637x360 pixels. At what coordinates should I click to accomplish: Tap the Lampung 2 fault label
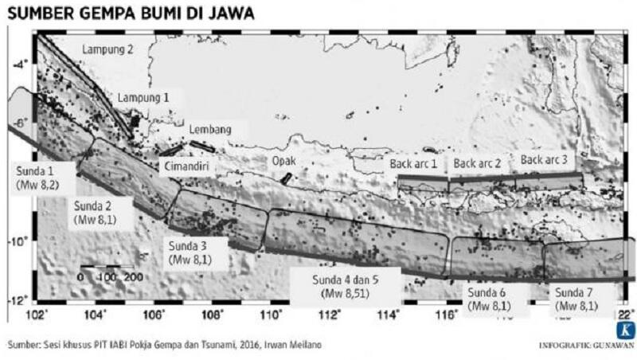point(107,49)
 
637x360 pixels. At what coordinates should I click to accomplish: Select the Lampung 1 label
point(144,97)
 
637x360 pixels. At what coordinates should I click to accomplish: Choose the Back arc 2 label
point(477,163)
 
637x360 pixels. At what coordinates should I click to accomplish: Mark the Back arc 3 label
point(544,159)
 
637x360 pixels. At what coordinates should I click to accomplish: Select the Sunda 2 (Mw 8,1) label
point(95,210)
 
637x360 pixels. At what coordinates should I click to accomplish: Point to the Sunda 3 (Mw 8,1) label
point(189,252)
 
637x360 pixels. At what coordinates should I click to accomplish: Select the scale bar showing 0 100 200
point(111,272)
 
